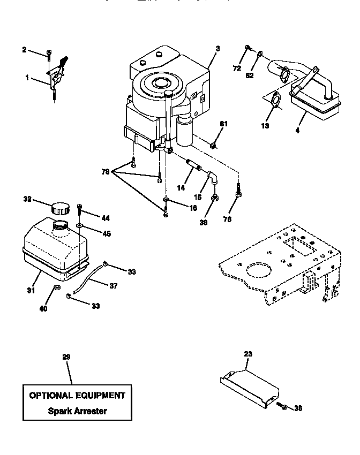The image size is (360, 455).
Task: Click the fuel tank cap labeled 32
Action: point(60,208)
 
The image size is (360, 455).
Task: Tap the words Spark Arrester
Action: point(77,411)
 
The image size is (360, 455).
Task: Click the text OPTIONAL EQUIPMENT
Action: point(77,396)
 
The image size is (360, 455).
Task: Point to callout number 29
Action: point(66,357)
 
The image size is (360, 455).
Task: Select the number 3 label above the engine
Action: point(217,49)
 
